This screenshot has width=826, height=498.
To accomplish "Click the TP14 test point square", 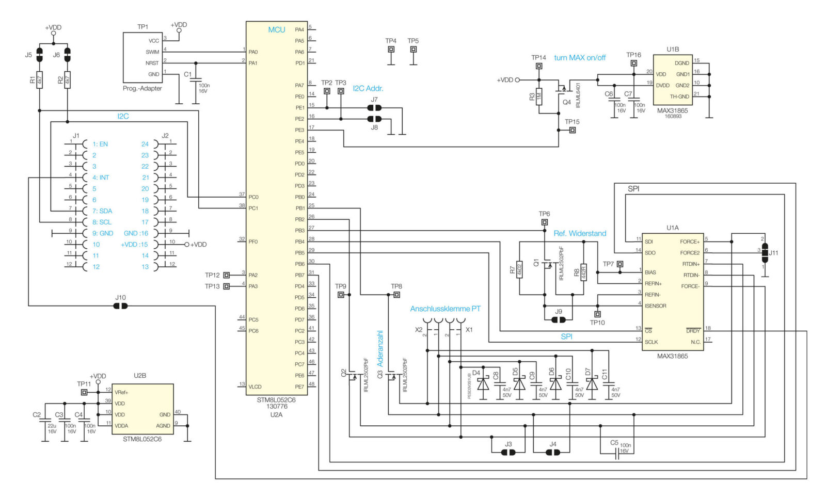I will click(x=538, y=66).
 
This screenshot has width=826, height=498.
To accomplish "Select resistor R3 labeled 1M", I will click(x=538, y=96).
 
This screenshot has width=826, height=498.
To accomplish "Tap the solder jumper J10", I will click(x=120, y=306).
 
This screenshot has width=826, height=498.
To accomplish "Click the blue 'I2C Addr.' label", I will click(x=368, y=88).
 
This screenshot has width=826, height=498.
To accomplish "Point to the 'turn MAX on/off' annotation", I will click(x=580, y=58).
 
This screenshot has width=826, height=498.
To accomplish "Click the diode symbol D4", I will click(x=483, y=383).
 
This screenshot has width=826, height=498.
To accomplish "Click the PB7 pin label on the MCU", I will click(x=299, y=275).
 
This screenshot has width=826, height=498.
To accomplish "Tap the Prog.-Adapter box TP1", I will click(x=142, y=57).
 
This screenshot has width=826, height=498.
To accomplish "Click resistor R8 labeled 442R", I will click(x=583, y=271).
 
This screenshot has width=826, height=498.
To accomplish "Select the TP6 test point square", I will click(x=544, y=222).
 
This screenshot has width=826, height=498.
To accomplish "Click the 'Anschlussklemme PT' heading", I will click(x=445, y=309).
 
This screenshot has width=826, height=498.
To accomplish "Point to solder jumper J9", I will click(x=558, y=320).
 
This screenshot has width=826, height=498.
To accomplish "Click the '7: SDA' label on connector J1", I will click(x=102, y=211).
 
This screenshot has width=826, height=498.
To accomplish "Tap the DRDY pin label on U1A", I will click(x=693, y=331).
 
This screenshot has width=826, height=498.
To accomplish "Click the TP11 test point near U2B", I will click(x=84, y=392).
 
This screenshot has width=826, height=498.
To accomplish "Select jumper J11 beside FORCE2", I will click(x=765, y=253).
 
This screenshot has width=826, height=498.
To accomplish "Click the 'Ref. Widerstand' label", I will click(x=580, y=233).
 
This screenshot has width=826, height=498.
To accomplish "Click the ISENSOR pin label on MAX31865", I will click(x=655, y=306).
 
